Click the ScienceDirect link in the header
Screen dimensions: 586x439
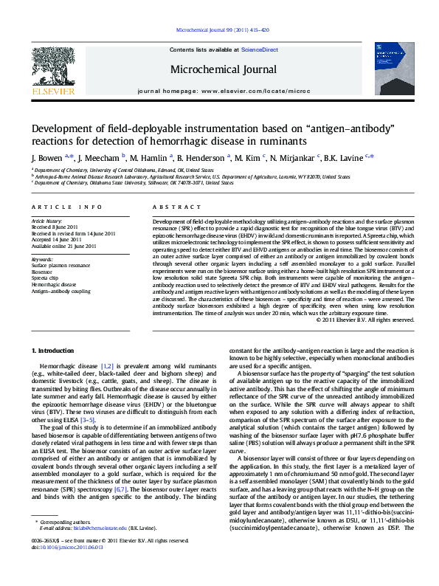[x=260, y=49]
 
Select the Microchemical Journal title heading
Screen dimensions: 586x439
[x=220, y=69]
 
